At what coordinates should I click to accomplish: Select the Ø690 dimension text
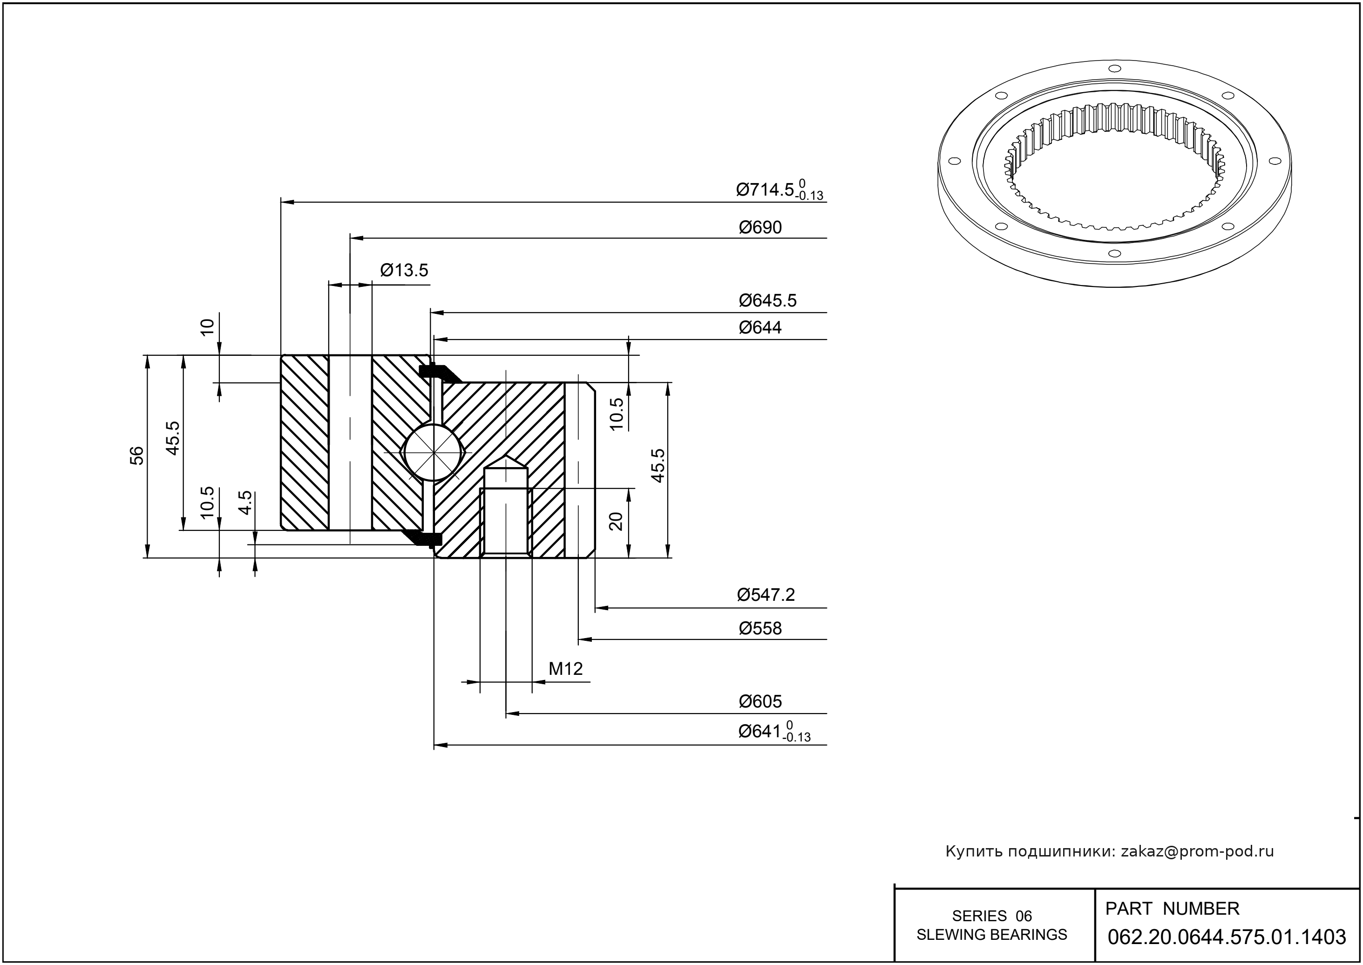pyautogui.click(x=760, y=228)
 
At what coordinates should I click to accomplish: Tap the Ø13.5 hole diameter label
pyautogui.click(x=404, y=271)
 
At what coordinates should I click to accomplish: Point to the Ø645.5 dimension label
pyautogui.click(x=767, y=301)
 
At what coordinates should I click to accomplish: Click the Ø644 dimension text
pyautogui.click(x=760, y=327)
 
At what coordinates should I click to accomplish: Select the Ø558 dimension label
pyautogui.click(x=760, y=628)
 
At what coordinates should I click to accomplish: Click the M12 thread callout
pyautogui.click(x=565, y=669)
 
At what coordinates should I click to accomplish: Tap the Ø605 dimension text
pyautogui.click(x=760, y=702)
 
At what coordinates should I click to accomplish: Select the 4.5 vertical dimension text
pyautogui.click(x=245, y=502)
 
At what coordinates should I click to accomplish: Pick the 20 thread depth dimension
pyautogui.click(x=616, y=521)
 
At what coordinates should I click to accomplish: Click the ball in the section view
pyautogui.click(x=433, y=452)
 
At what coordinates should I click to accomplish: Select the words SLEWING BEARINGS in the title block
pyautogui.click(x=992, y=935)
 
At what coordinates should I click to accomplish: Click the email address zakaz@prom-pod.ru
pyautogui.click(x=1197, y=851)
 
